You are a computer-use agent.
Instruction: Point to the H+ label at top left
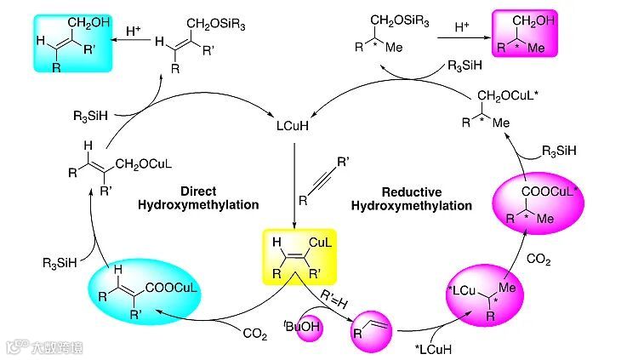pyautogui.click(x=134, y=31)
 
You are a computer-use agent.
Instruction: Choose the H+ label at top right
pyautogui.click(x=462, y=27)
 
